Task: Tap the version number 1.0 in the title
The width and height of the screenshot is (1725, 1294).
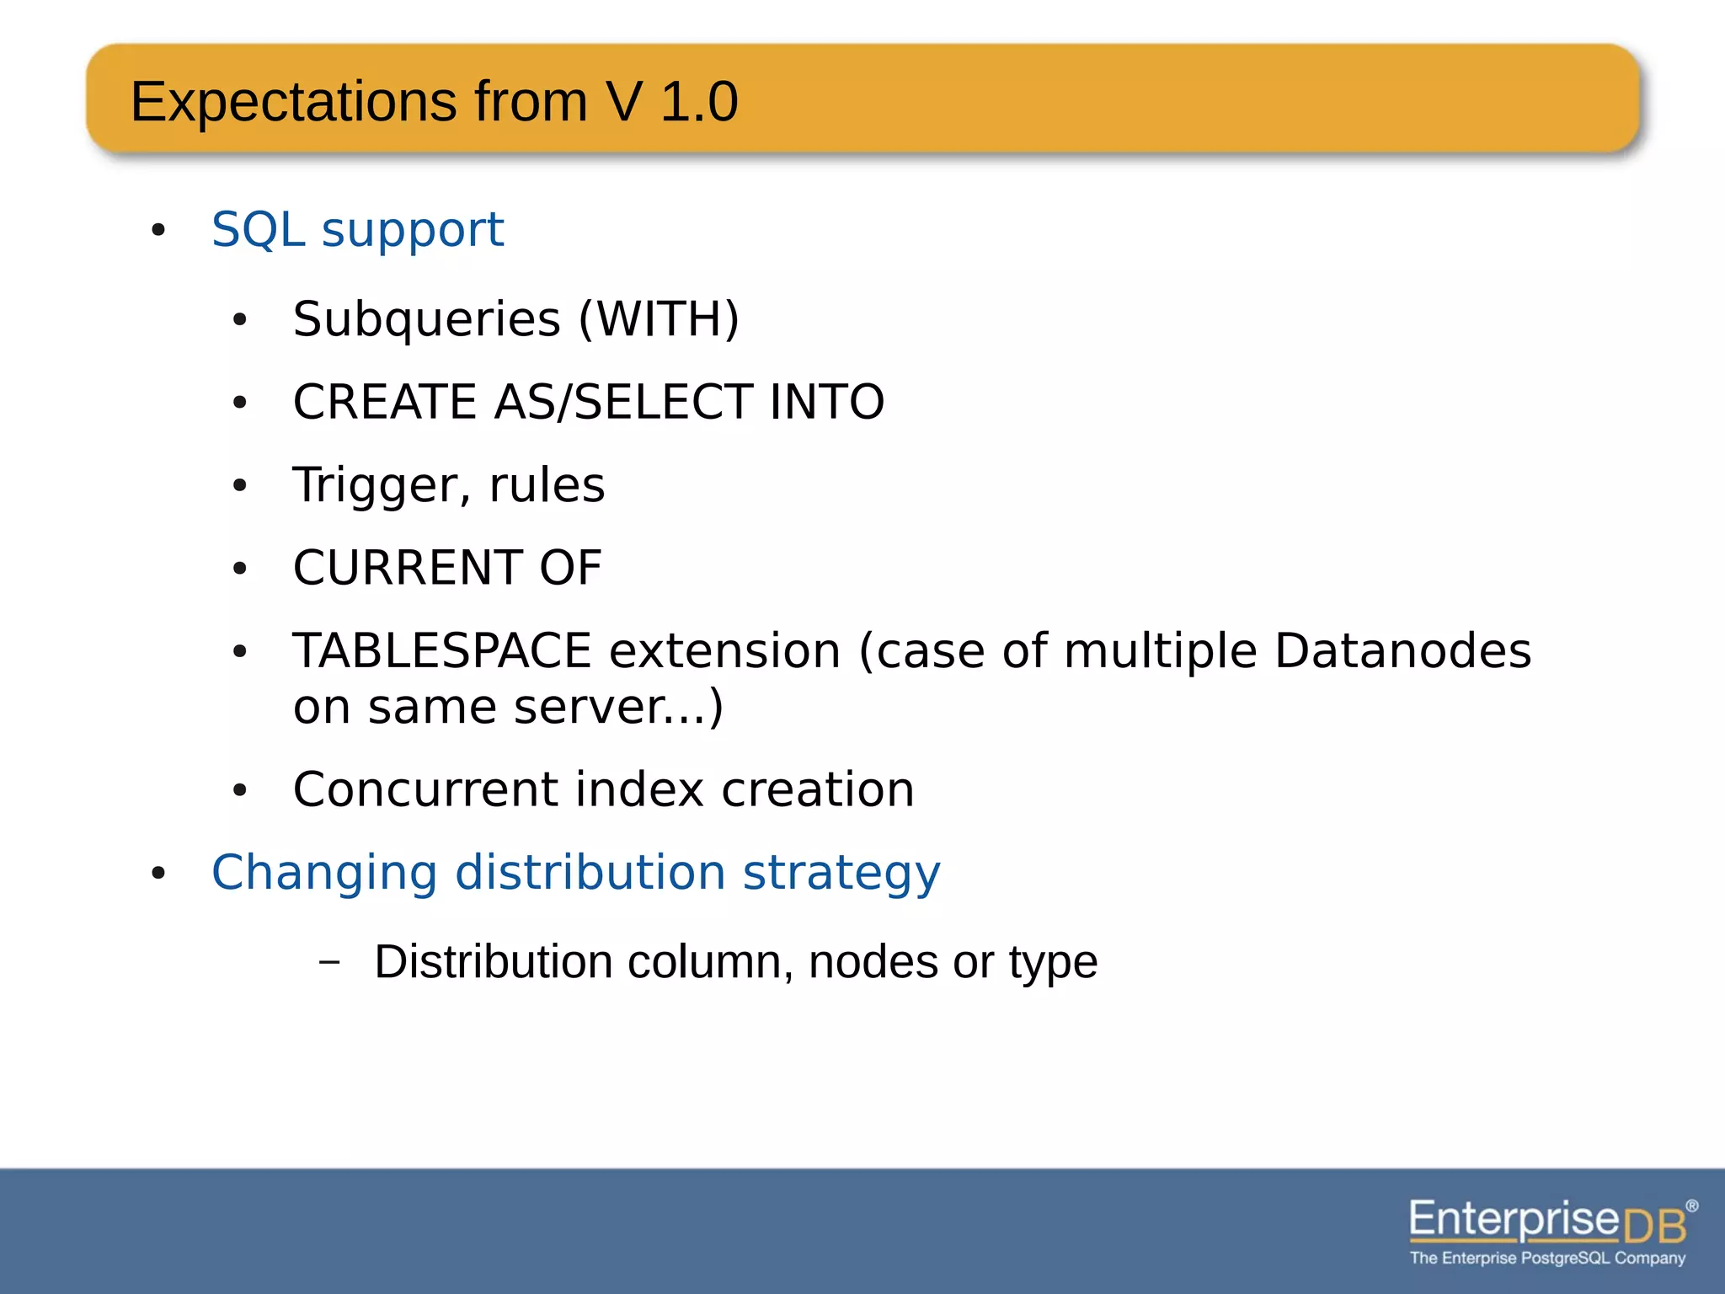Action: pos(699,102)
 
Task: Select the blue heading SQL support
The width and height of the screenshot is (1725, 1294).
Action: pos(357,229)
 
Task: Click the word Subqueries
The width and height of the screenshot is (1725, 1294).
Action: pos(426,319)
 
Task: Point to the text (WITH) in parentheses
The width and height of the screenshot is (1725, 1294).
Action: pos(659,319)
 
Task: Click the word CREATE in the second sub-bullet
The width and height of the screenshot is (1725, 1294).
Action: pos(384,402)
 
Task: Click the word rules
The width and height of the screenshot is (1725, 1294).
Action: pos(547,486)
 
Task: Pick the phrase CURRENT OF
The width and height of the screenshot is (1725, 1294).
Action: pos(447,568)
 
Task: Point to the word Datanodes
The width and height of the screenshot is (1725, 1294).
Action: pos(1402,651)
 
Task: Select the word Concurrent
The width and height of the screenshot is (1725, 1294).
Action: pos(425,790)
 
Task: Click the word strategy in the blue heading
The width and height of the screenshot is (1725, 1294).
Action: pos(841,873)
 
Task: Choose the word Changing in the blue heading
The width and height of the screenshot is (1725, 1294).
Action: pos(324,873)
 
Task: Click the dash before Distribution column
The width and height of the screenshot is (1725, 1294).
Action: pos(330,961)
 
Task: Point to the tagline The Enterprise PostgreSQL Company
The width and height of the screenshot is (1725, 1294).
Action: pos(1547,1259)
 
